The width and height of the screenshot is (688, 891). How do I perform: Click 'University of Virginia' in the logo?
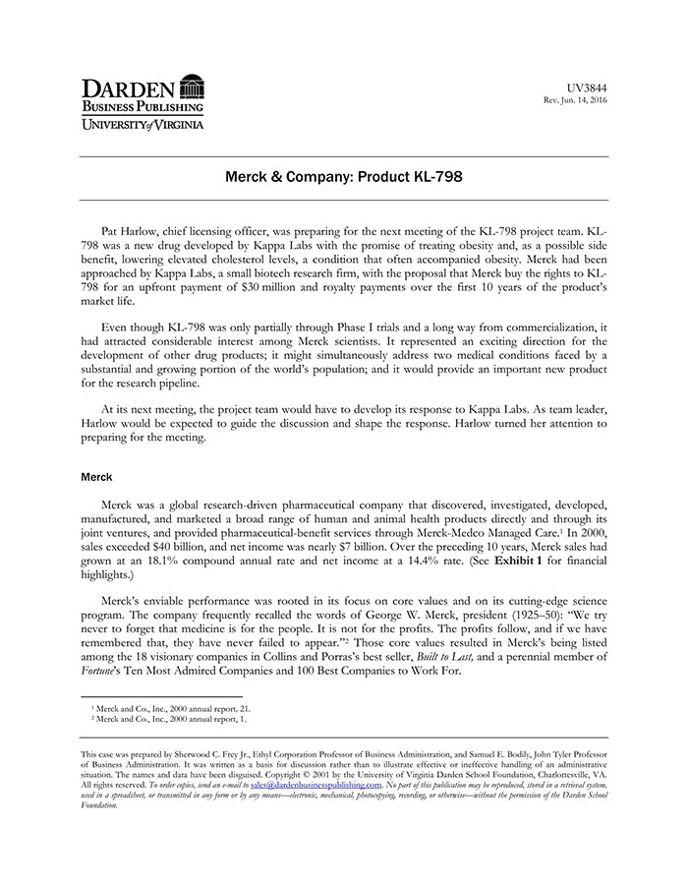click(143, 124)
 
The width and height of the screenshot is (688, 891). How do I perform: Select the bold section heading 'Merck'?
click(96, 477)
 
